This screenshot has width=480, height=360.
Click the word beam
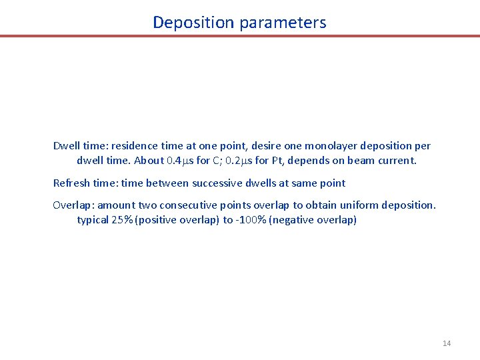353,161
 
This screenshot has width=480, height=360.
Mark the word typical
95,220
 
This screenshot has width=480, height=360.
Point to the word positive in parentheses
157,220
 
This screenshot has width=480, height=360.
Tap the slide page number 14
447,343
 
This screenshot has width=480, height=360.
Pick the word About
149,161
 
